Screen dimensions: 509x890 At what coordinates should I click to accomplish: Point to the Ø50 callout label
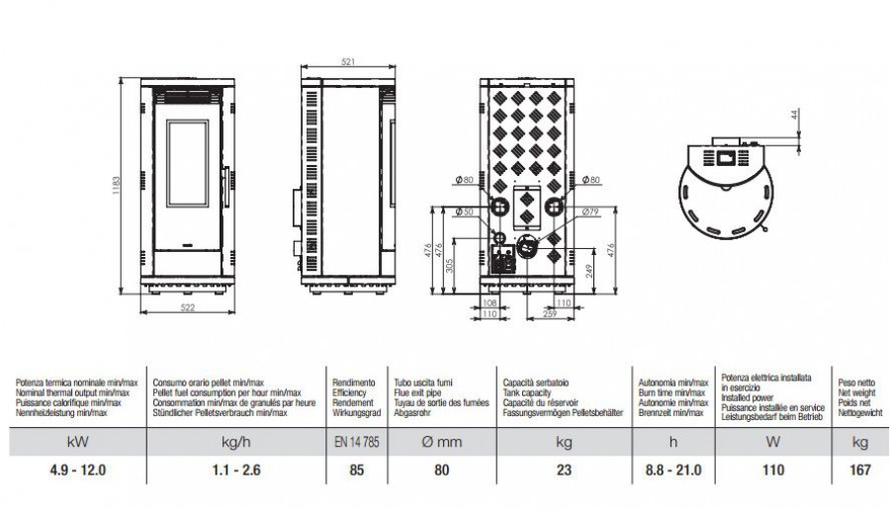[461, 212]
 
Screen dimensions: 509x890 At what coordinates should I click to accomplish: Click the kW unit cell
[77, 444]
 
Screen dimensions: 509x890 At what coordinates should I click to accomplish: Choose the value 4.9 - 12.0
[77, 471]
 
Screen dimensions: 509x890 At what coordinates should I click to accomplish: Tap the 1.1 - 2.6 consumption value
[236, 471]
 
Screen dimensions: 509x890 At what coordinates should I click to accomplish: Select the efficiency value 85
[351, 471]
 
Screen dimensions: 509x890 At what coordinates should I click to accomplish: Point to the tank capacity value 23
[565, 471]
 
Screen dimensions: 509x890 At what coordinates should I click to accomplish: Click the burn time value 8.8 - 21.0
[672, 471]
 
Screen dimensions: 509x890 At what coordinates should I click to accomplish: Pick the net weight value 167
[860, 471]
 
